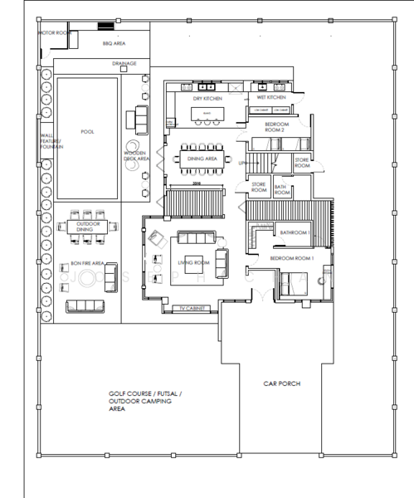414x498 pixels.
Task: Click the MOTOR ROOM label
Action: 54,33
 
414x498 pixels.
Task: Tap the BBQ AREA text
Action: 114,43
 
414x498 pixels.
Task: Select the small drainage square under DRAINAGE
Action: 124,70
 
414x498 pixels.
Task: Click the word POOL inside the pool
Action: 87,132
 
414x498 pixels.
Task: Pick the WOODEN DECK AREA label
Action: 136,156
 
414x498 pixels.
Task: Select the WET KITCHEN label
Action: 270,97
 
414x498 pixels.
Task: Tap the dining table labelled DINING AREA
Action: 202,158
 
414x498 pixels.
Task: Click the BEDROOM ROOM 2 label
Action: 275,127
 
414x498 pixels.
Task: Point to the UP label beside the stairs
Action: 242,164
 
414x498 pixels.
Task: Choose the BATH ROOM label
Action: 281,190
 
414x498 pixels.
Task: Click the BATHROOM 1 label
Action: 294,233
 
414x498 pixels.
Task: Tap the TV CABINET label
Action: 193,309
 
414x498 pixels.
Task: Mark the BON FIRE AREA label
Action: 86,263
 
